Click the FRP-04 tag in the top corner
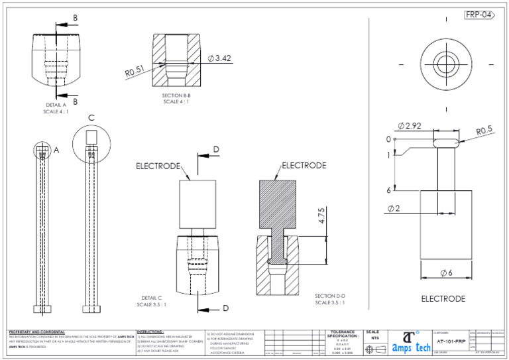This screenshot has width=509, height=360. tap(479, 15)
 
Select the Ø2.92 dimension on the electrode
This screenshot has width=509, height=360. tap(411, 126)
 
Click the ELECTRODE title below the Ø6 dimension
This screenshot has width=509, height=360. tap(443, 299)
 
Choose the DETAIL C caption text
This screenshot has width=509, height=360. tap(152, 301)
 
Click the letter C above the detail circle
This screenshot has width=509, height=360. tap(91, 118)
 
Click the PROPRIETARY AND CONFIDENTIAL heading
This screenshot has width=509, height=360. tap(37, 331)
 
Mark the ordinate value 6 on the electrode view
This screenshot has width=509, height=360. tap(388, 190)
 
